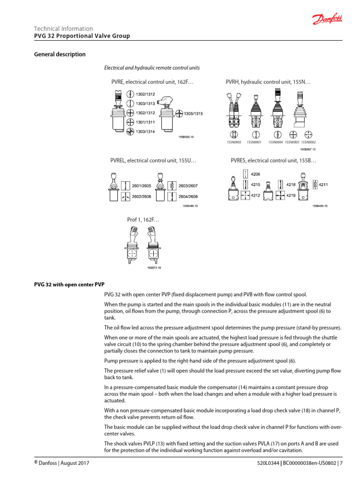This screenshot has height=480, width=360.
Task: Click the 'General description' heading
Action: click(x=60, y=54)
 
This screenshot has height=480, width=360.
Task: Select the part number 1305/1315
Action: click(x=193, y=113)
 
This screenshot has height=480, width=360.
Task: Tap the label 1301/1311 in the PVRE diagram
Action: click(x=145, y=122)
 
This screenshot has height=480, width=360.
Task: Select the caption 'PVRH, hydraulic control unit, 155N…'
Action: click(x=269, y=82)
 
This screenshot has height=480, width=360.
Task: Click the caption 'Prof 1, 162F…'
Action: click(x=143, y=219)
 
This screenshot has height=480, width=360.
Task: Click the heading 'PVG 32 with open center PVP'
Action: click(x=69, y=284)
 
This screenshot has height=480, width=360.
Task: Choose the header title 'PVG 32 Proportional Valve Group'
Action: click(x=82, y=36)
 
